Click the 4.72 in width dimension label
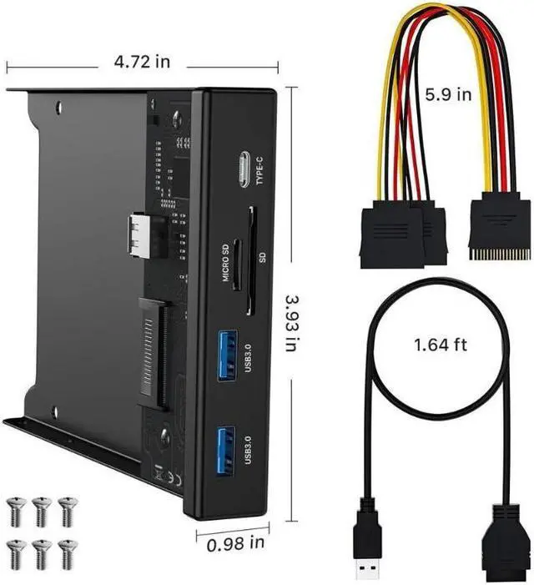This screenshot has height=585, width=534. point(141,62)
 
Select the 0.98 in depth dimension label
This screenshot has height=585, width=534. point(234,543)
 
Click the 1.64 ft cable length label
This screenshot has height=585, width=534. point(442,344)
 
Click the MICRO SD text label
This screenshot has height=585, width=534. point(224,264)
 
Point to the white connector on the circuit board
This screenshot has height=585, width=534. point(139,236)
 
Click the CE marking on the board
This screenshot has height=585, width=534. point(166,478)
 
